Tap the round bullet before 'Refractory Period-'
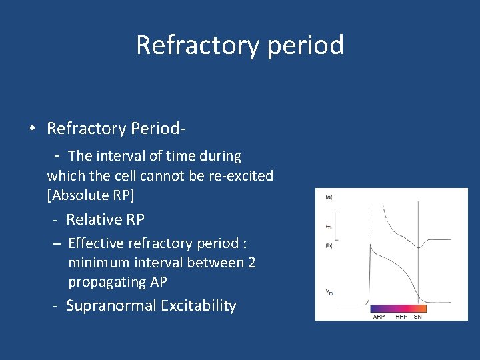[x=32, y=128]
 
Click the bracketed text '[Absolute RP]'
[x=91, y=195]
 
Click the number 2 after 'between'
[x=251, y=263]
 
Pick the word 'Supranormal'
[x=109, y=306]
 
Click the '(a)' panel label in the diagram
[x=329, y=197]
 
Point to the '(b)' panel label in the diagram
[x=329, y=245]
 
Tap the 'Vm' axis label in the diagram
[x=329, y=291]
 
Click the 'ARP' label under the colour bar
[x=379, y=316]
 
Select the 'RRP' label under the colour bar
[x=401, y=316]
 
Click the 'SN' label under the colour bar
[x=418, y=316]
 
